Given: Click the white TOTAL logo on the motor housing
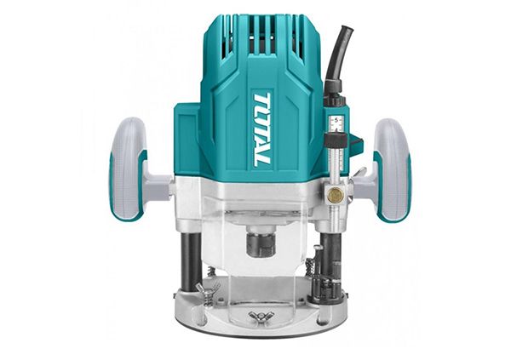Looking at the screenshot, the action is [x=261, y=129].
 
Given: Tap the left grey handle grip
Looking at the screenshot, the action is [x=128, y=169].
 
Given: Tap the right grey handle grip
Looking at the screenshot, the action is [x=392, y=170].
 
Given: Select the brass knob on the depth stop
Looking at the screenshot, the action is [x=336, y=195].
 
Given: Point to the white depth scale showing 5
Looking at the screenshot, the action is [x=336, y=123].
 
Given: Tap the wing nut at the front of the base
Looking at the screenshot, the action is [x=261, y=317].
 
